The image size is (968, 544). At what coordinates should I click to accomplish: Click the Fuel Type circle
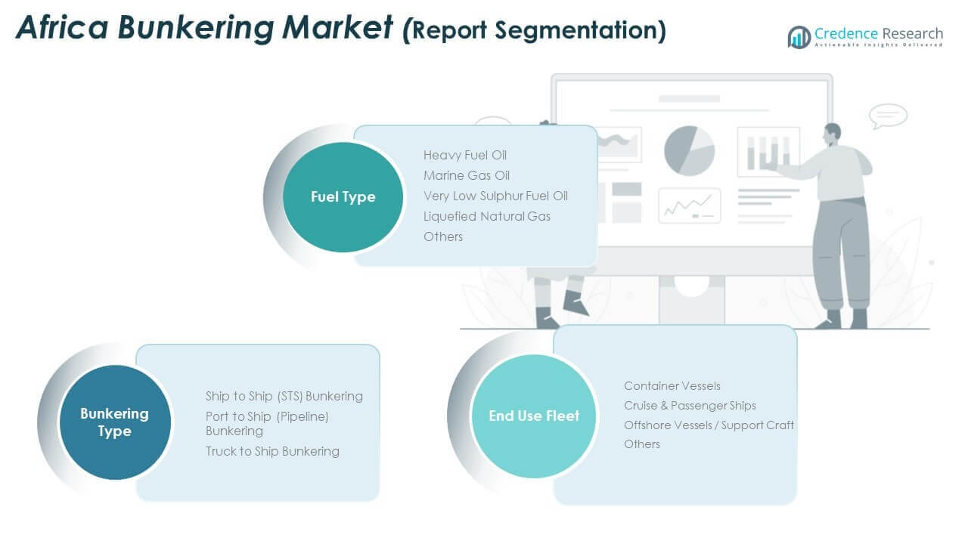(x=343, y=196)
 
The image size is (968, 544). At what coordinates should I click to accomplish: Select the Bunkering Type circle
(x=115, y=422)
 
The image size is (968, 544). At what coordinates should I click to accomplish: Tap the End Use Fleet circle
(x=534, y=415)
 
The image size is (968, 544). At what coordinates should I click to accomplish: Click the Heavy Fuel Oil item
(x=464, y=155)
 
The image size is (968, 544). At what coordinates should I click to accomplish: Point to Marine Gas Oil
(x=466, y=175)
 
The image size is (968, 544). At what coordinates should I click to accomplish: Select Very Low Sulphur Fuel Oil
(x=495, y=196)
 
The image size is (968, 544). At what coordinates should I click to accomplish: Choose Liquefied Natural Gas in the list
(x=486, y=216)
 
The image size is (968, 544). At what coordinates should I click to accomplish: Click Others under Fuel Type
(x=442, y=236)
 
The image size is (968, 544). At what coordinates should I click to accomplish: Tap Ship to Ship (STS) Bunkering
(x=284, y=396)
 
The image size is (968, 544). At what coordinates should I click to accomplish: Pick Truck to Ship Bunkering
(x=272, y=451)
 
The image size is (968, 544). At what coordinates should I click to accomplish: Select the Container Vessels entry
(x=672, y=386)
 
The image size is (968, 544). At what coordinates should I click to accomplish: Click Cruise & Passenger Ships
(x=689, y=406)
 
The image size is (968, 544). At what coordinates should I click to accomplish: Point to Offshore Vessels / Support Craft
(x=709, y=425)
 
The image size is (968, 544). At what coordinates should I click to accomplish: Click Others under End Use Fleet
(x=641, y=444)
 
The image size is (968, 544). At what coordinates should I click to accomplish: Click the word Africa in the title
(x=63, y=27)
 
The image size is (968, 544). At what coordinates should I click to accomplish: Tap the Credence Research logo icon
(x=799, y=36)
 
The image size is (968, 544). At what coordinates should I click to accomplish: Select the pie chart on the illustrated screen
(x=689, y=150)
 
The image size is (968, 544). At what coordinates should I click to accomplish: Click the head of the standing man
(x=832, y=134)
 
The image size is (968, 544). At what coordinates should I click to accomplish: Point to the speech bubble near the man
(x=888, y=116)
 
